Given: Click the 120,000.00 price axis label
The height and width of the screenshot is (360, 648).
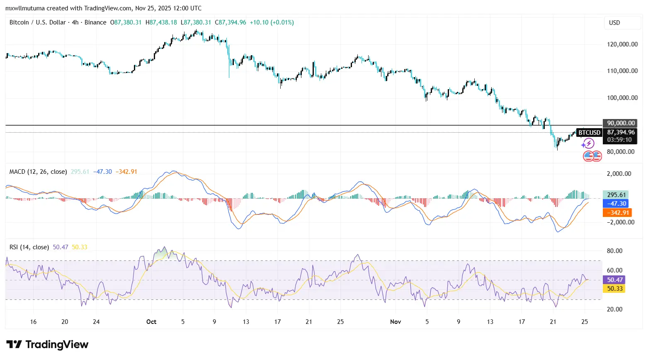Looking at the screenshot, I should pos(622,44).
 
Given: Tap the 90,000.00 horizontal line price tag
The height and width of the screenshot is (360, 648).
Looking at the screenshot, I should pos(621,123).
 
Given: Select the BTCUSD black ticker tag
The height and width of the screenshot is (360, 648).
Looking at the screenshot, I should pos(589,133).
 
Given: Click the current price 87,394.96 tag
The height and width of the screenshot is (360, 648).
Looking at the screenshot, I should pos(621,132).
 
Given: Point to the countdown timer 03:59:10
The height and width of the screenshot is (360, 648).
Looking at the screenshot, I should pos(619,140).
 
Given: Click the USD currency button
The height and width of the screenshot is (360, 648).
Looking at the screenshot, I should pos(614,23).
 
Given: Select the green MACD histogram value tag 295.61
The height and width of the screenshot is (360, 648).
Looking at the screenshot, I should pos(616,195).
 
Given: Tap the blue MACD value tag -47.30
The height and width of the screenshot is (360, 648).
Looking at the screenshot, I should pos(616,204).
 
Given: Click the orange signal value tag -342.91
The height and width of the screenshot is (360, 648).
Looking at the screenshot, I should pos(617,213).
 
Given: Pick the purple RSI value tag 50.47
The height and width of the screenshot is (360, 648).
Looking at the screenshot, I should pos(615,280).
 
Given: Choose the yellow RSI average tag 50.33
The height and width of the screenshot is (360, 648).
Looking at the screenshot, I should pos(615,289).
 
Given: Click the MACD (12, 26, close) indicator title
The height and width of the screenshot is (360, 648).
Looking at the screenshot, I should pos(38,172).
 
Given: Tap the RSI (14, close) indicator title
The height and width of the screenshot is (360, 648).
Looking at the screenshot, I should pos(29,247).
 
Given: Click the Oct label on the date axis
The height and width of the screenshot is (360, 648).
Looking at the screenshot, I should pos(151,322).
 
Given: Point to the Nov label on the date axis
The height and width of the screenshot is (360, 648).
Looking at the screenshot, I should pos(396,322).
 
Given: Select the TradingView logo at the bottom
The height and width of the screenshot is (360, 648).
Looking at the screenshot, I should pos(47,345).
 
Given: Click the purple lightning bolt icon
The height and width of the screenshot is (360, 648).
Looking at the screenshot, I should pos(588,144).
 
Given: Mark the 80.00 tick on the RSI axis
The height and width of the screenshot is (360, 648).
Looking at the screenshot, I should pos(614,251).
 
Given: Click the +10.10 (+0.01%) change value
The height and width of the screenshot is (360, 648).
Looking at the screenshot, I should pos(272,22).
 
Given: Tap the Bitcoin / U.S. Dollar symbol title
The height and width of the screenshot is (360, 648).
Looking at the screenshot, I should pos(38,22).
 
